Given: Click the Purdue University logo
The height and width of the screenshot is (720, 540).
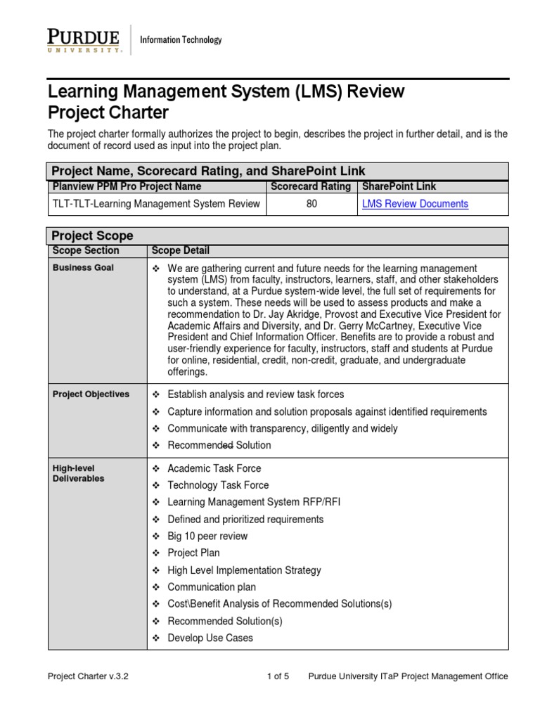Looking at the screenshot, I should (x=85, y=41).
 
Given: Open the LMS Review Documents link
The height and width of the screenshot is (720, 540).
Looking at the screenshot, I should (x=415, y=204).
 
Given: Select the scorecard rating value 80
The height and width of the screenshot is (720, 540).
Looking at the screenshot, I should (x=312, y=204).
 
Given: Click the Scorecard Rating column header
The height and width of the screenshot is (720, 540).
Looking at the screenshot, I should (x=310, y=186).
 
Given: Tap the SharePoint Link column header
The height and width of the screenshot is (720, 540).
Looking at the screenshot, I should (x=399, y=186).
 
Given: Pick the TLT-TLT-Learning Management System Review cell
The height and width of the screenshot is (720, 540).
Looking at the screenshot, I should (x=156, y=204).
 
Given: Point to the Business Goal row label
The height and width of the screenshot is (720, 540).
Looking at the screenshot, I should (x=83, y=268).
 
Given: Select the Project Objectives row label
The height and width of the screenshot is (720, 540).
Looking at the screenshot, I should (x=91, y=394).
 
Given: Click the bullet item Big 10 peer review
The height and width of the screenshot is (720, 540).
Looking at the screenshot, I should (x=207, y=536).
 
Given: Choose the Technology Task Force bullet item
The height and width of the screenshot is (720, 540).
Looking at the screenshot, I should (x=218, y=485).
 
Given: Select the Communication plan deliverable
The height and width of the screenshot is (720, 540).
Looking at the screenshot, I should (x=212, y=587).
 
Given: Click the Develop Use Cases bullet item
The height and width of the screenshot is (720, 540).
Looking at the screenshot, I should (x=210, y=638).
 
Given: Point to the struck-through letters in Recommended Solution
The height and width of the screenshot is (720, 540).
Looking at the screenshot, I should (x=227, y=445).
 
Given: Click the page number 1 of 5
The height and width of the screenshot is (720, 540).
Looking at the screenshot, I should (x=278, y=676).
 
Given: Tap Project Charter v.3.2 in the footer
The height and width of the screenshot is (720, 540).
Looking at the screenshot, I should (x=88, y=676).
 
